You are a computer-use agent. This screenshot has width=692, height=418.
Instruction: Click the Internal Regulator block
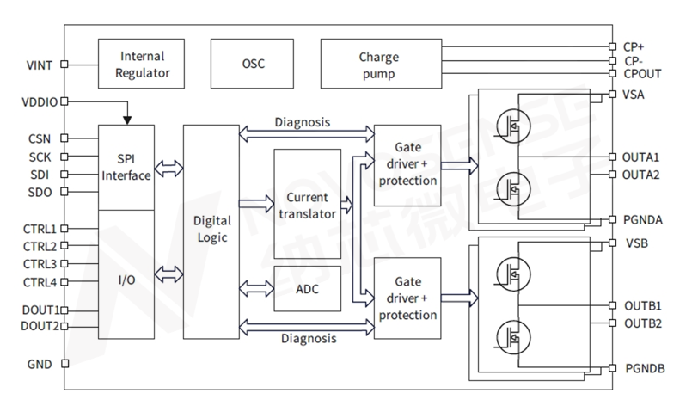coord(144,64)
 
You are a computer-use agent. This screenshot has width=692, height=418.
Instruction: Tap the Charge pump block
coord(377,64)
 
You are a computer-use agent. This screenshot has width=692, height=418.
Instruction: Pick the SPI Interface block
coord(127,167)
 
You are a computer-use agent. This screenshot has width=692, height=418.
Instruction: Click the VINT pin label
coord(41,64)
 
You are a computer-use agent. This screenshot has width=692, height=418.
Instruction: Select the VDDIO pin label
coord(39,101)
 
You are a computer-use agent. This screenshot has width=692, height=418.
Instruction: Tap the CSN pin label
coord(40,138)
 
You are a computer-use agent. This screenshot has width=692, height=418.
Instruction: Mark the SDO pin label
coord(40,191)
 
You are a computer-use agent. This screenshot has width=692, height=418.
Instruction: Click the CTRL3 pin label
coord(40,264)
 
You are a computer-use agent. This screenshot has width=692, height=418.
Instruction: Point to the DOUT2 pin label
coord(39,325)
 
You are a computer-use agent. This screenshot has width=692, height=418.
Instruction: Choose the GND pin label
coord(41,365)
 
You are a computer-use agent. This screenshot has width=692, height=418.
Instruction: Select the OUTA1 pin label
coord(640,157)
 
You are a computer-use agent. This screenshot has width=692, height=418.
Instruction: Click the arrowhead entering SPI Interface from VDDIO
coord(127,120)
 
